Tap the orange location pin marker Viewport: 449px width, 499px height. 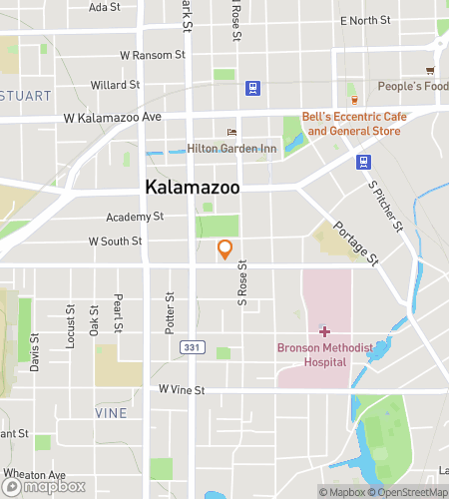[225, 249]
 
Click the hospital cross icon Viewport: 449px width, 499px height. [324, 330]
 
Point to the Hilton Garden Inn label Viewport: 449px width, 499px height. [231, 149]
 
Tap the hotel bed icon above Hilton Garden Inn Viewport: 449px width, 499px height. [232, 132]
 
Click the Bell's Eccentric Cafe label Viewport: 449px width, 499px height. [353, 124]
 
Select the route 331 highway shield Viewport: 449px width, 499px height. [190, 346]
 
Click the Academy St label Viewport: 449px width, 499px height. [135, 217]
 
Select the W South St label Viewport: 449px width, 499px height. [115, 241]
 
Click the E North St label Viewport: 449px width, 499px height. [365, 20]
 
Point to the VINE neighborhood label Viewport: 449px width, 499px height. [111, 412]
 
